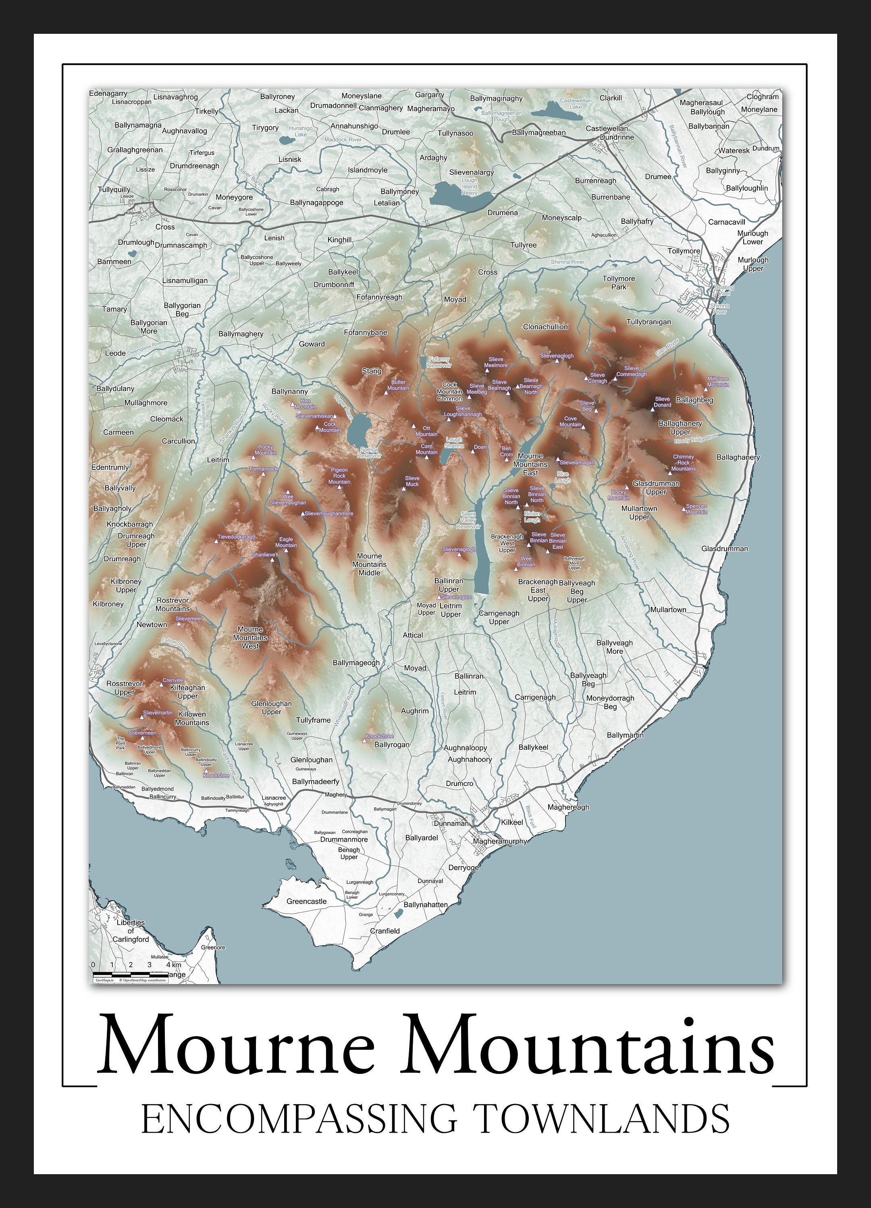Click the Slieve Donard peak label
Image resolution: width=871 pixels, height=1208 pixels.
click(662, 401)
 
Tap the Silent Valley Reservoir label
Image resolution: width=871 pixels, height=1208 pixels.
click(468, 520)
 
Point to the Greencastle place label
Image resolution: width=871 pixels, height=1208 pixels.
click(306, 901)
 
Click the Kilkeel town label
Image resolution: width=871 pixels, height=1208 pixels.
click(512, 822)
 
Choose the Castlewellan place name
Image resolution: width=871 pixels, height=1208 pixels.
click(607, 128)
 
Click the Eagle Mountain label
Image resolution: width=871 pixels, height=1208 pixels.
click(286, 542)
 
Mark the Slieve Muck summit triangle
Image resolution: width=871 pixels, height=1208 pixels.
click(404, 488)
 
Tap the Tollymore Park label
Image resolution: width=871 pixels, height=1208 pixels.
click(618, 282)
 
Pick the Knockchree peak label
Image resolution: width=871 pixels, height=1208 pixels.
click(380, 736)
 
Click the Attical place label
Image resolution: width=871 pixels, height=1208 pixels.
click(413, 635)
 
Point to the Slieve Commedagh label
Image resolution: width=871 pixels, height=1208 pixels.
click(631, 371)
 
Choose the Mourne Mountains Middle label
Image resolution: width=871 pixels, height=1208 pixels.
click(369, 564)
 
